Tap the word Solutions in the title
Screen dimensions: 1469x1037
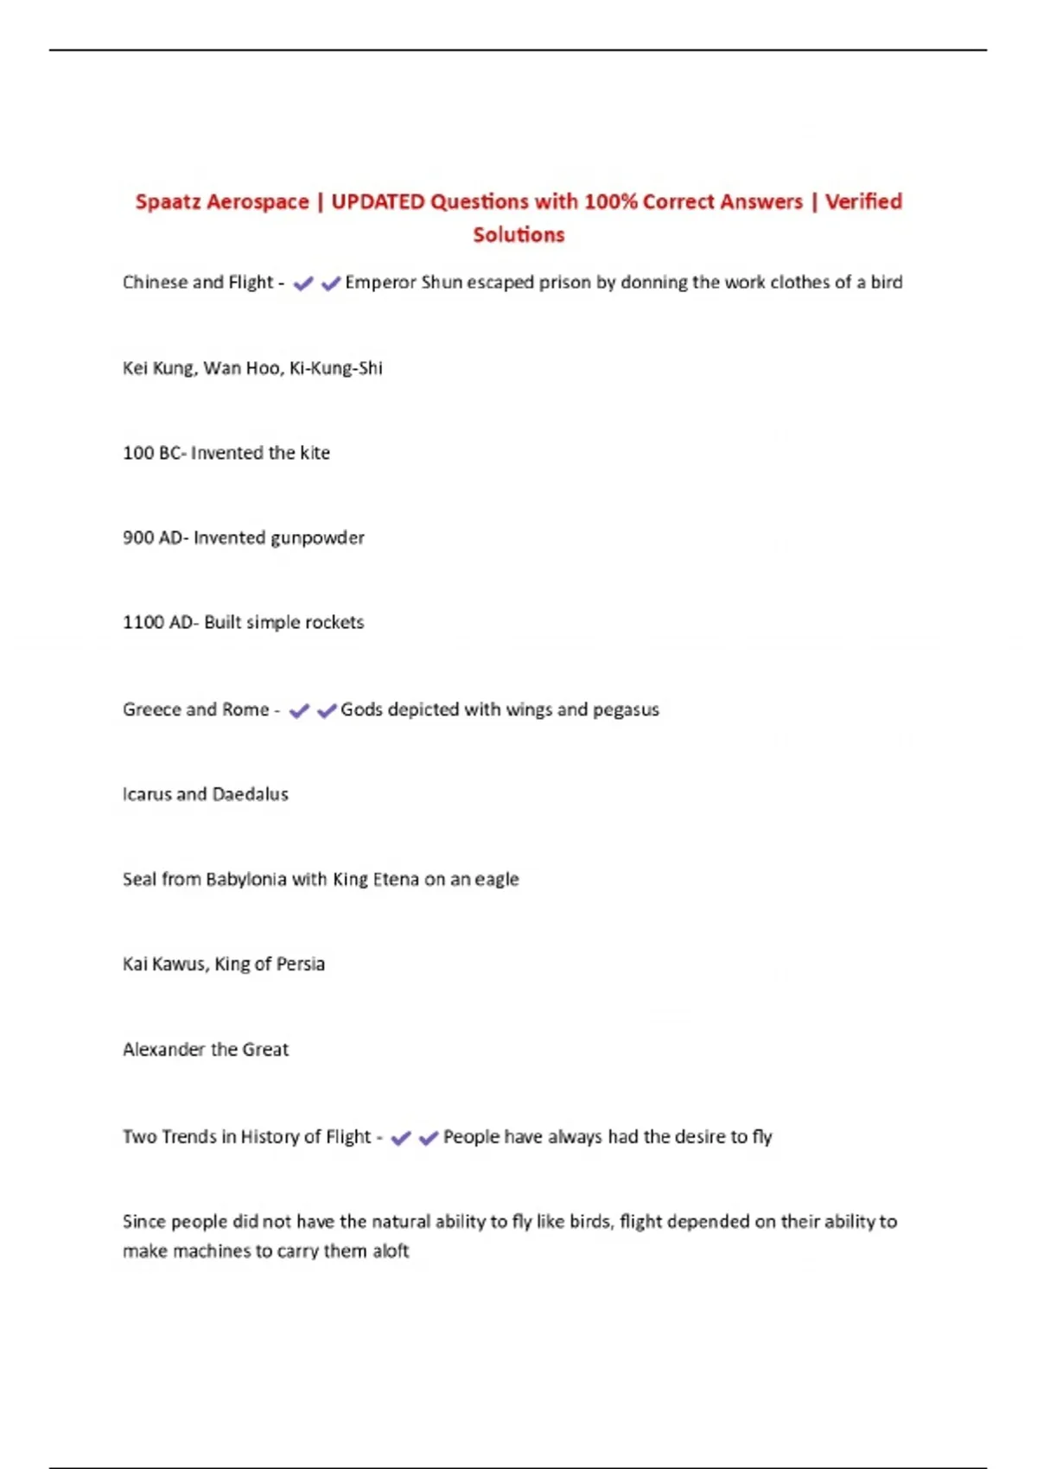click(x=518, y=235)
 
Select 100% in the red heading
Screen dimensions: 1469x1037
click(x=610, y=202)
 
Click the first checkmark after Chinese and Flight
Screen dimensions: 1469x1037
click(x=302, y=283)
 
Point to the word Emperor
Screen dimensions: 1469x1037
click(x=380, y=283)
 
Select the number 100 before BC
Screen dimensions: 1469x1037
click(x=137, y=453)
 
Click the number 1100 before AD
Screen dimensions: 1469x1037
click(x=143, y=623)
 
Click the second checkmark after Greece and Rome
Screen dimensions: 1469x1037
click(x=327, y=711)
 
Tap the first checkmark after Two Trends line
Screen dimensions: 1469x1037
click(x=400, y=1139)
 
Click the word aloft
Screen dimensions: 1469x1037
click(x=391, y=1251)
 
